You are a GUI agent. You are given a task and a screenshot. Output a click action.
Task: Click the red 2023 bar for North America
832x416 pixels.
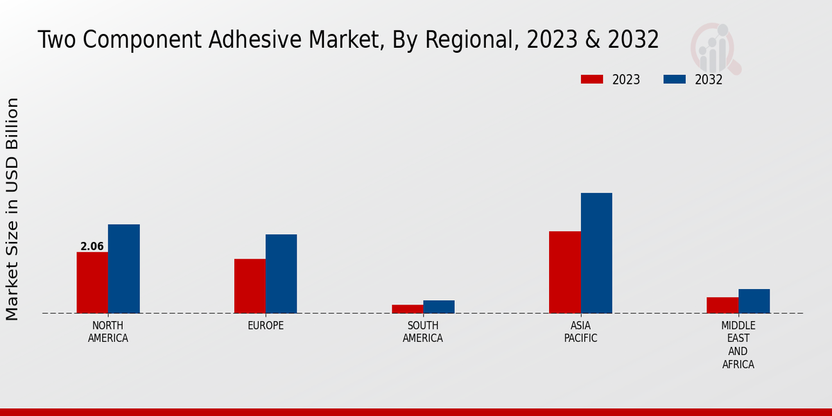[x=92, y=282]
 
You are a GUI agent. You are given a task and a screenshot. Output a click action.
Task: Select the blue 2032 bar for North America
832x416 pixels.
[x=123, y=268]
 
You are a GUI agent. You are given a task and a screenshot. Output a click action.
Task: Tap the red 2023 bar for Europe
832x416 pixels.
[x=250, y=286]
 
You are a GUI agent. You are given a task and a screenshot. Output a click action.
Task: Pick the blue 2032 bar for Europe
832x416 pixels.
[x=281, y=273]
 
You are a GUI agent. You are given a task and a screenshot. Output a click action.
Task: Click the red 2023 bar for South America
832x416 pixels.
[x=407, y=309]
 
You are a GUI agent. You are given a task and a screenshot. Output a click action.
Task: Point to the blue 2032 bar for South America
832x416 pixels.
[x=439, y=306]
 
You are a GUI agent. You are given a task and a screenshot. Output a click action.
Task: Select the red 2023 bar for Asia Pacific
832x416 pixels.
[x=564, y=272]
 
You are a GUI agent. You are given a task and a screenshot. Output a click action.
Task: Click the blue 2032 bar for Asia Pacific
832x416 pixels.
[x=596, y=252]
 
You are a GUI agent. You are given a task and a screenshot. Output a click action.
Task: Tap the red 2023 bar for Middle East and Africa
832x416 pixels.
[x=722, y=305]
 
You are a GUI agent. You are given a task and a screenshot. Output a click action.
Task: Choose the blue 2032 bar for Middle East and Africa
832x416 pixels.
[x=754, y=301]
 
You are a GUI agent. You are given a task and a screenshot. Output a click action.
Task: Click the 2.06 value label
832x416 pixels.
[x=92, y=246]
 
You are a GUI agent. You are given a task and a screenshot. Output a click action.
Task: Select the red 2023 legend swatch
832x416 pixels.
[x=591, y=79]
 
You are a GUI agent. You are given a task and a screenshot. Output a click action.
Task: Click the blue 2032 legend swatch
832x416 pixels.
[x=674, y=79]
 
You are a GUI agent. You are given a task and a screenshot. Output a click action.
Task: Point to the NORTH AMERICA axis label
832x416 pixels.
[x=108, y=332]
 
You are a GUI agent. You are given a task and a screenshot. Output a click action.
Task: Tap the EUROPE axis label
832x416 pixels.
[x=266, y=326]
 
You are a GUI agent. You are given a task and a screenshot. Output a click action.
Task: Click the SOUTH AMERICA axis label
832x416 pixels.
[x=423, y=332]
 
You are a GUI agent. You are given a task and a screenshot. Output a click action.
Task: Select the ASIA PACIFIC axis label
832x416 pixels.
[x=580, y=332]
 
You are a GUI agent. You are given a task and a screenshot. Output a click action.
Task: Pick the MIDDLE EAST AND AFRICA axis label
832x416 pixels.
[x=738, y=345]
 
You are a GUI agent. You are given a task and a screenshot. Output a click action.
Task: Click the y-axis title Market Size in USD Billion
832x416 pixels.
[x=12, y=209]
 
